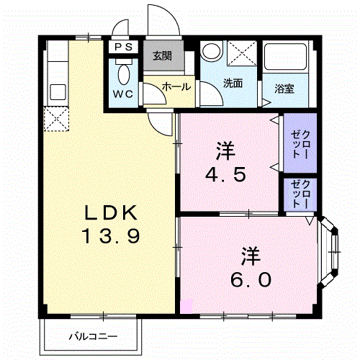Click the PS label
[x=123, y=47]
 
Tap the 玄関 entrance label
[x=163, y=56]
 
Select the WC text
[x=123, y=94]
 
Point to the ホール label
[x=176, y=86]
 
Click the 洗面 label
[x=233, y=84]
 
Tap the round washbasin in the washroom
[x=211, y=51]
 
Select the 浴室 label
[x=284, y=89]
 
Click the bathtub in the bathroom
[x=286, y=57]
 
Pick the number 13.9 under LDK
[x=111, y=236]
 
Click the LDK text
[x=111, y=212]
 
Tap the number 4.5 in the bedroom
[x=225, y=174]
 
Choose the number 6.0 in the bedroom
[x=251, y=279]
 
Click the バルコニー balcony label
[x=93, y=336]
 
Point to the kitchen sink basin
[x=58, y=92]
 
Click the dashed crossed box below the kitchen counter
[x=56, y=119]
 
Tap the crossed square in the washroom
[x=242, y=53]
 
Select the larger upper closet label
[x=300, y=144]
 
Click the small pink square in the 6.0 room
[x=186, y=306]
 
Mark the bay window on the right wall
[x=329, y=251]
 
